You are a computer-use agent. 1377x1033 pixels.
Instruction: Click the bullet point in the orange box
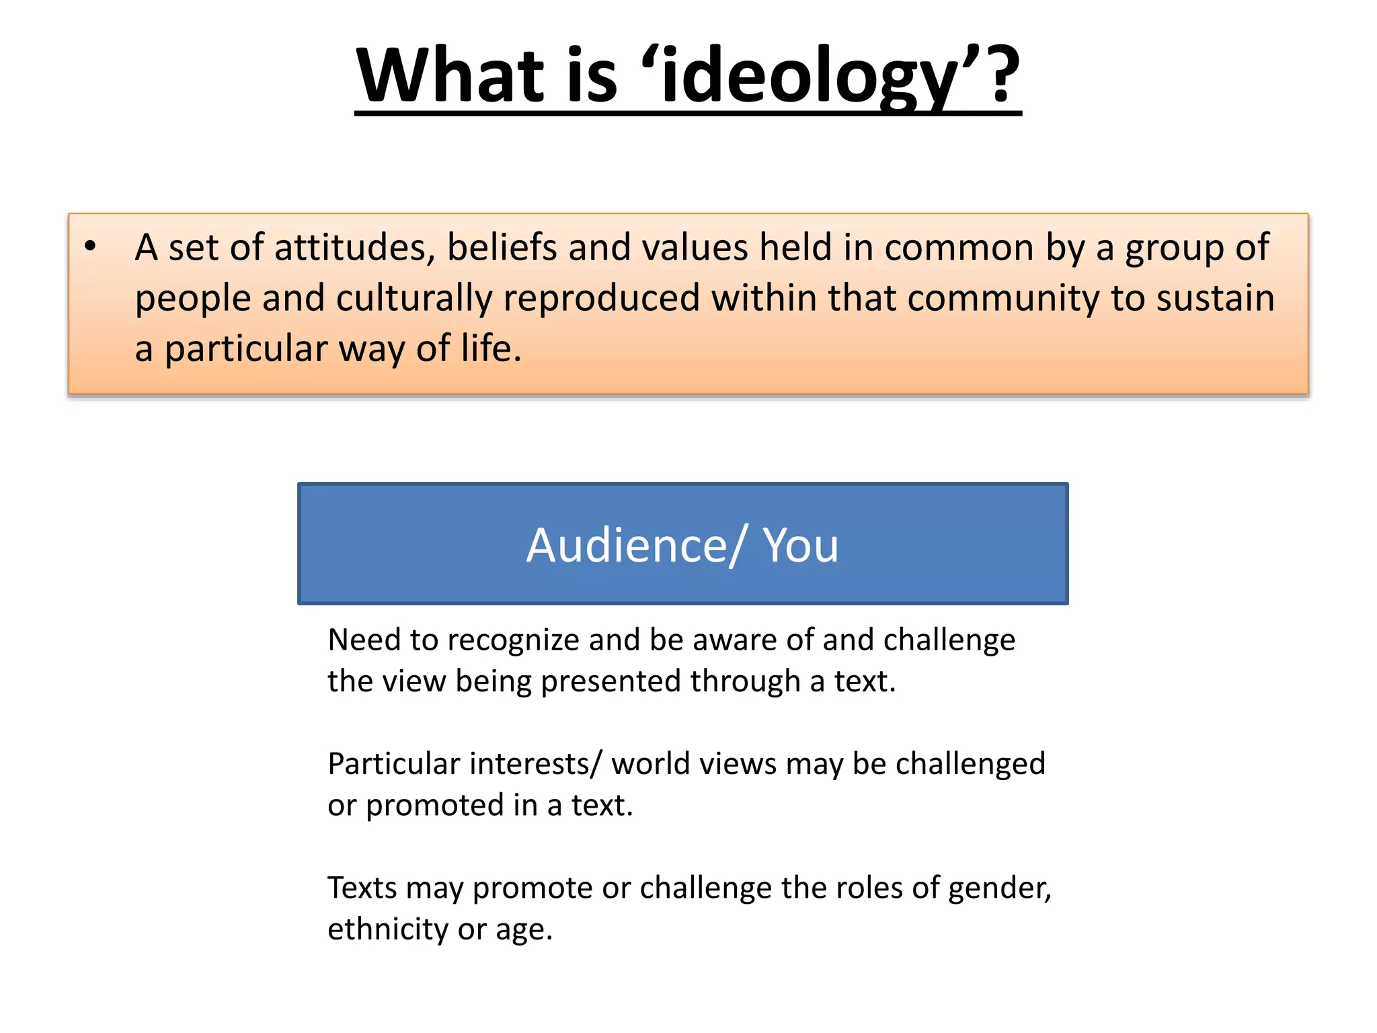pyautogui.click(x=91, y=246)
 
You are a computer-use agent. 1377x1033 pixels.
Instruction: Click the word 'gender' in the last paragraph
pyautogui.click(x=998, y=888)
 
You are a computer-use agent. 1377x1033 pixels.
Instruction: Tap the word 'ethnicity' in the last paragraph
pyautogui.click(x=387, y=929)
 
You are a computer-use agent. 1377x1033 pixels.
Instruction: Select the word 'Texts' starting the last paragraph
pyautogui.click(x=362, y=888)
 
